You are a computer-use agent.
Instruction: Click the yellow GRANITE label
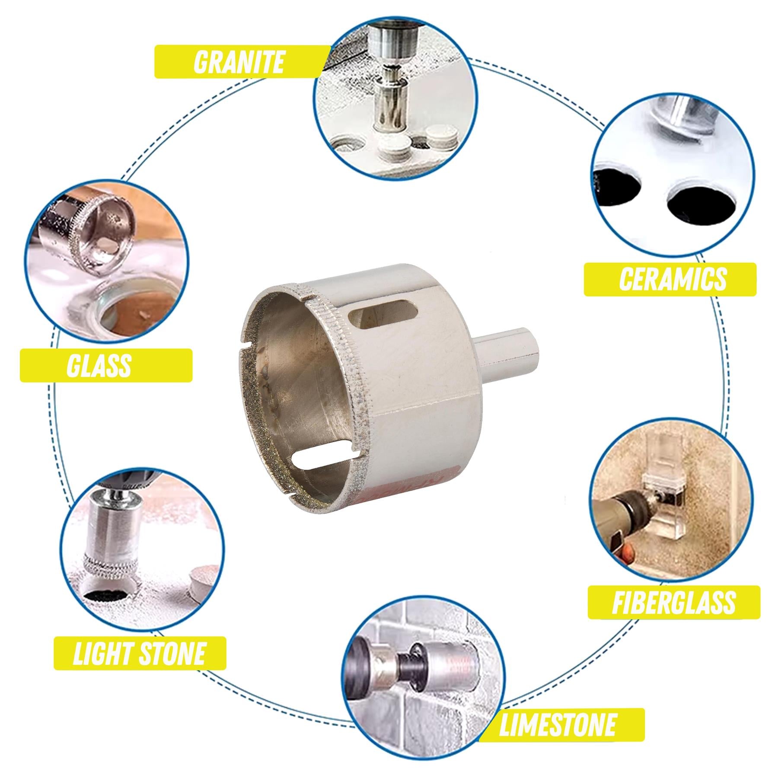click(x=239, y=62)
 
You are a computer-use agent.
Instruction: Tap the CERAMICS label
click(x=670, y=279)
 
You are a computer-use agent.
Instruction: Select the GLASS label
click(x=106, y=365)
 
